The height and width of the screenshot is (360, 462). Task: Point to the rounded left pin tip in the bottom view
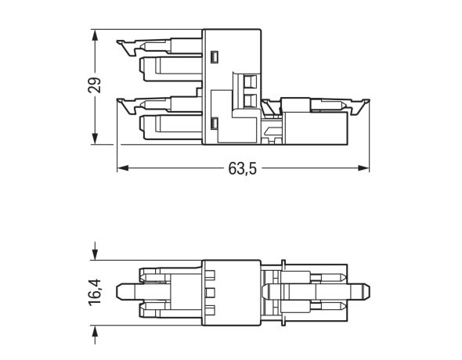(x=120, y=293)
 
